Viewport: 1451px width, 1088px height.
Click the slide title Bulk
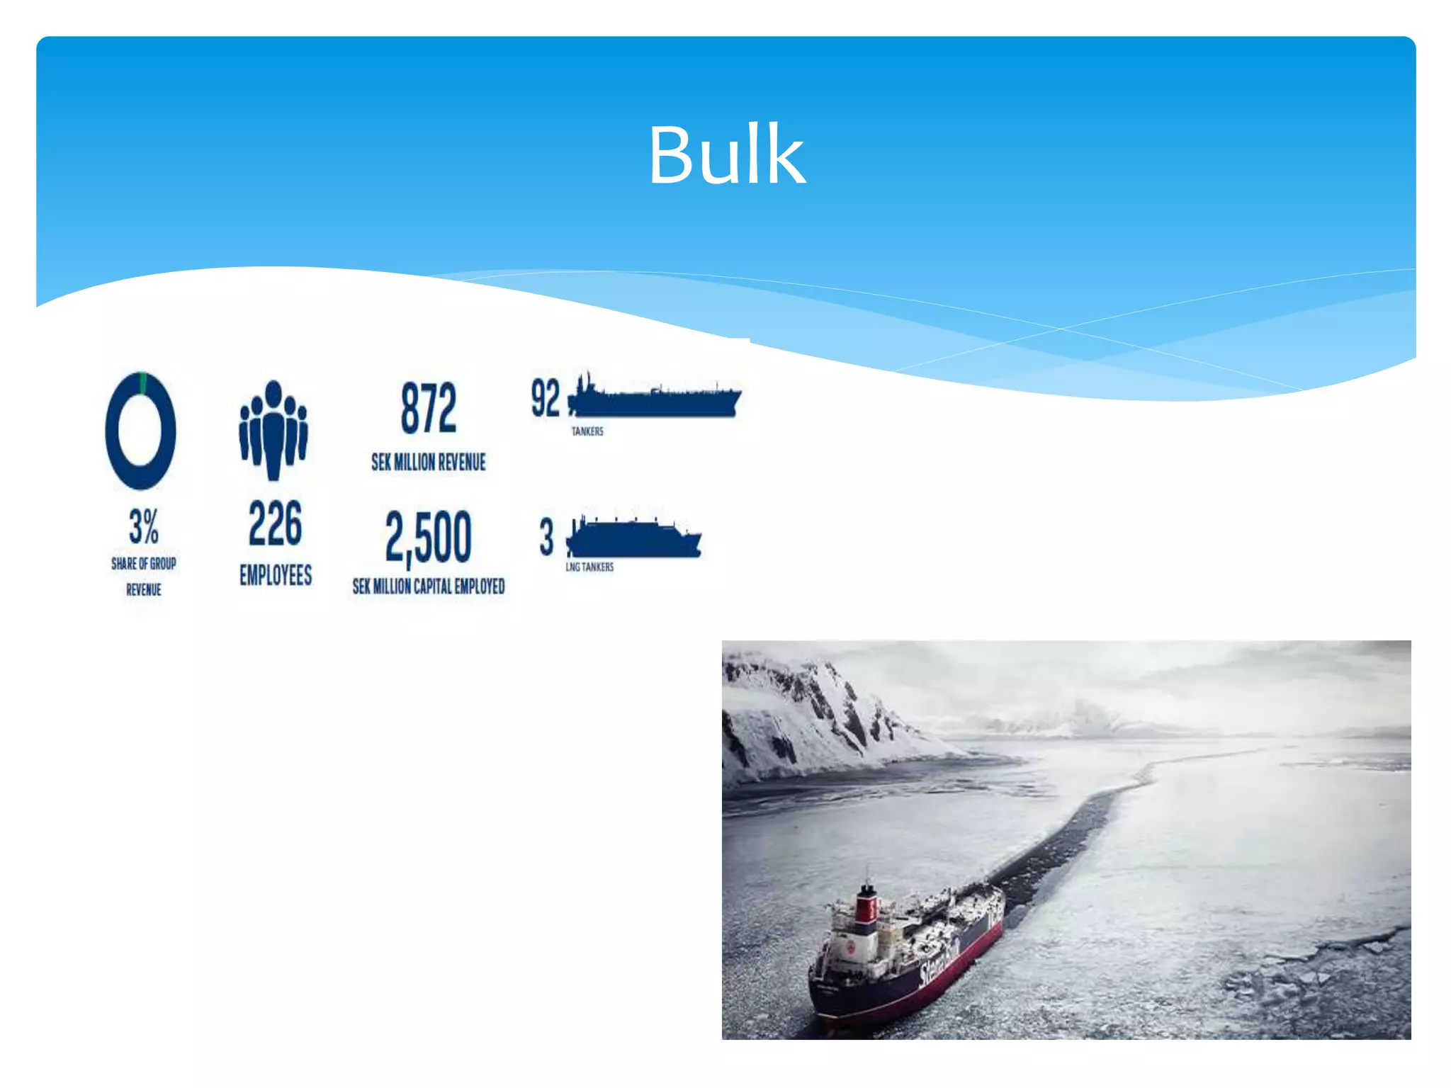(x=726, y=155)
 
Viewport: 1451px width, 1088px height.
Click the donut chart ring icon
(x=140, y=430)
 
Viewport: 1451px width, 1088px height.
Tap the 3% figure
(x=144, y=526)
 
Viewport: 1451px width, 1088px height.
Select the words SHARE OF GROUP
(x=144, y=564)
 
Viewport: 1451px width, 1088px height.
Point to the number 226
(x=276, y=523)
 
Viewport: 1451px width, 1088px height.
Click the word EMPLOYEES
(x=276, y=575)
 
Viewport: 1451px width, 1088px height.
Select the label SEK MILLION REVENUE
(x=429, y=463)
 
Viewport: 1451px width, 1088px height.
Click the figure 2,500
(x=429, y=537)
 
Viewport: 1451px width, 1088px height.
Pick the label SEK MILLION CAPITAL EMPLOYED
(x=429, y=586)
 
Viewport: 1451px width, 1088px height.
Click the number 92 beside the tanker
(x=546, y=398)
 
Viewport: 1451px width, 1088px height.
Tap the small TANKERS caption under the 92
(x=587, y=431)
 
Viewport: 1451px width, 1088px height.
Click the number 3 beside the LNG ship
(x=546, y=536)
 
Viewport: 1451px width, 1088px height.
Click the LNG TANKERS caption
(x=589, y=567)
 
